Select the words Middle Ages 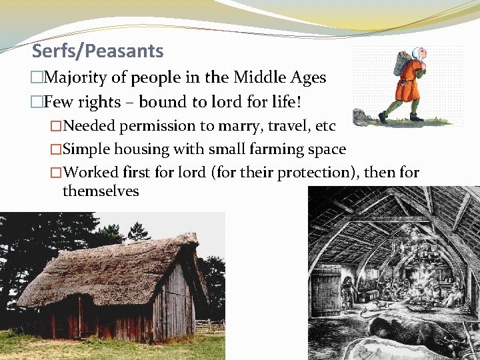click(280, 78)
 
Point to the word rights click(99, 102)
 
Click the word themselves click(101, 191)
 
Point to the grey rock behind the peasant click(363, 119)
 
